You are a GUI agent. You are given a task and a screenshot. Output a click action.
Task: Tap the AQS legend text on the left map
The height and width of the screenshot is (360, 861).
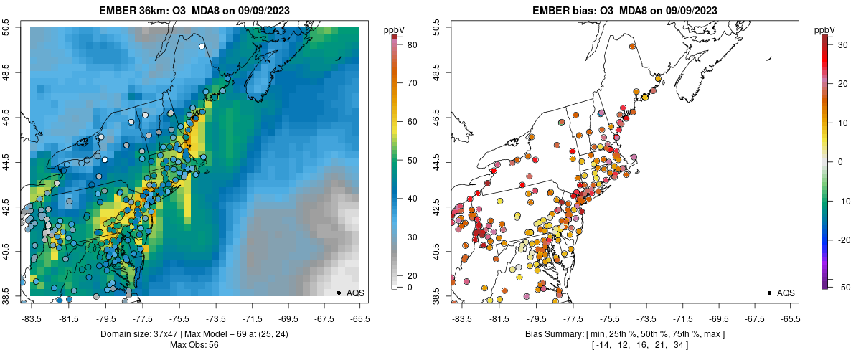[x=355, y=293]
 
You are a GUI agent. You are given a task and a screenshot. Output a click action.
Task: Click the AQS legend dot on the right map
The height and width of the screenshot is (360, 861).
[x=768, y=293]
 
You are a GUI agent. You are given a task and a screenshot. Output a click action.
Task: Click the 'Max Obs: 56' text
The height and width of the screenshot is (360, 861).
[x=194, y=345]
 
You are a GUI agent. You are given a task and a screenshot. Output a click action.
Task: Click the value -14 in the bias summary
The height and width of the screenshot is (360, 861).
[x=601, y=346]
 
